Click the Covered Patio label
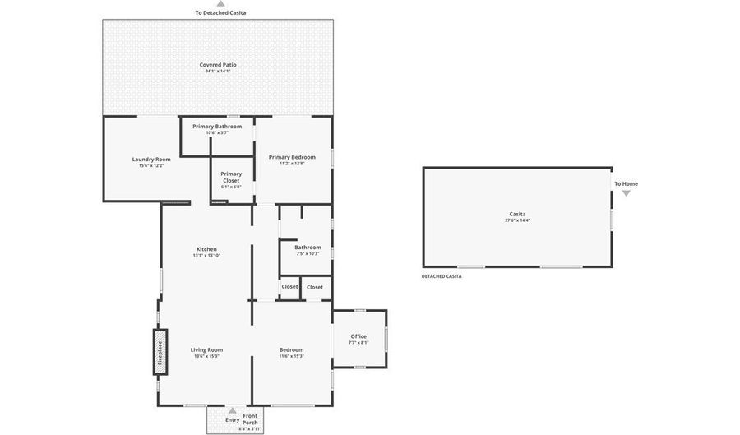pyautogui.click(x=217, y=65)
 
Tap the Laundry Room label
pyautogui.click(x=151, y=159)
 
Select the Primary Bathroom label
pyautogui.click(x=217, y=127)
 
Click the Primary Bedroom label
pyautogui.click(x=292, y=157)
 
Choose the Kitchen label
pyautogui.click(x=206, y=249)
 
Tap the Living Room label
pyautogui.click(x=206, y=349)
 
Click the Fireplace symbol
pyautogui.click(x=160, y=352)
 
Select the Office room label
pyautogui.click(x=358, y=336)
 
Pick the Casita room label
pyautogui.click(x=517, y=214)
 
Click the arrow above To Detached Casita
pyautogui.click(x=220, y=4)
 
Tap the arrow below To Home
pyautogui.click(x=626, y=193)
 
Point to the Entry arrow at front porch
pyautogui.click(x=232, y=410)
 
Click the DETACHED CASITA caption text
pyautogui.click(x=442, y=276)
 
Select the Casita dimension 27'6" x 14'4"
pyautogui.click(x=517, y=220)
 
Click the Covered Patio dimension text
pyautogui.click(x=217, y=72)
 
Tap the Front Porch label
pyautogui.click(x=250, y=419)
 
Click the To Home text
pyautogui.click(x=626, y=183)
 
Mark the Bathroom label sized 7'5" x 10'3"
pyautogui.click(x=308, y=247)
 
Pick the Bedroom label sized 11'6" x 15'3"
pyautogui.click(x=291, y=349)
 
